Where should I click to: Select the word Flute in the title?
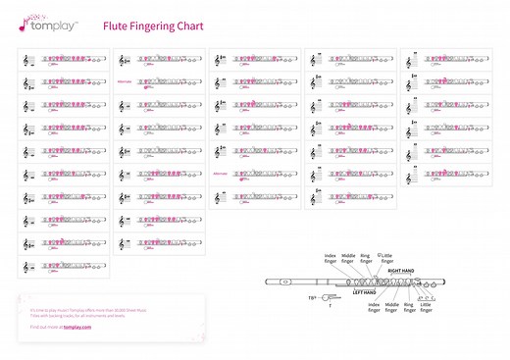pyautogui.click(x=115, y=26)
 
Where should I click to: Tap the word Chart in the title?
pyautogui.click(x=189, y=26)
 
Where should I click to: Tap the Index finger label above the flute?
pyautogui.click(x=330, y=259)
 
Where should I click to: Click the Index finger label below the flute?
pyautogui.click(x=373, y=307)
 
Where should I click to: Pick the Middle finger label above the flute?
pyautogui.click(x=347, y=259)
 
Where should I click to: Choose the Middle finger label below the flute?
pyautogui.click(x=391, y=307)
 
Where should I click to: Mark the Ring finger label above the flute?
pyautogui.click(x=366, y=259)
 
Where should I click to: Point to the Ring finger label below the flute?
pyautogui.click(x=409, y=307)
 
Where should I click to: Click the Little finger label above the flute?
pyautogui.click(x=386, y=259)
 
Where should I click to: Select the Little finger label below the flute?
pyautogui.click(x=426, y=307)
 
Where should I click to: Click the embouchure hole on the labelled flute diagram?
pyautogui.click(x=283, y=283)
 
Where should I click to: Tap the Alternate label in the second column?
pyautogui.click(x=124, y=81)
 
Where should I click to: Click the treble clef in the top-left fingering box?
pyautogui.click(x=26, y=61)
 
